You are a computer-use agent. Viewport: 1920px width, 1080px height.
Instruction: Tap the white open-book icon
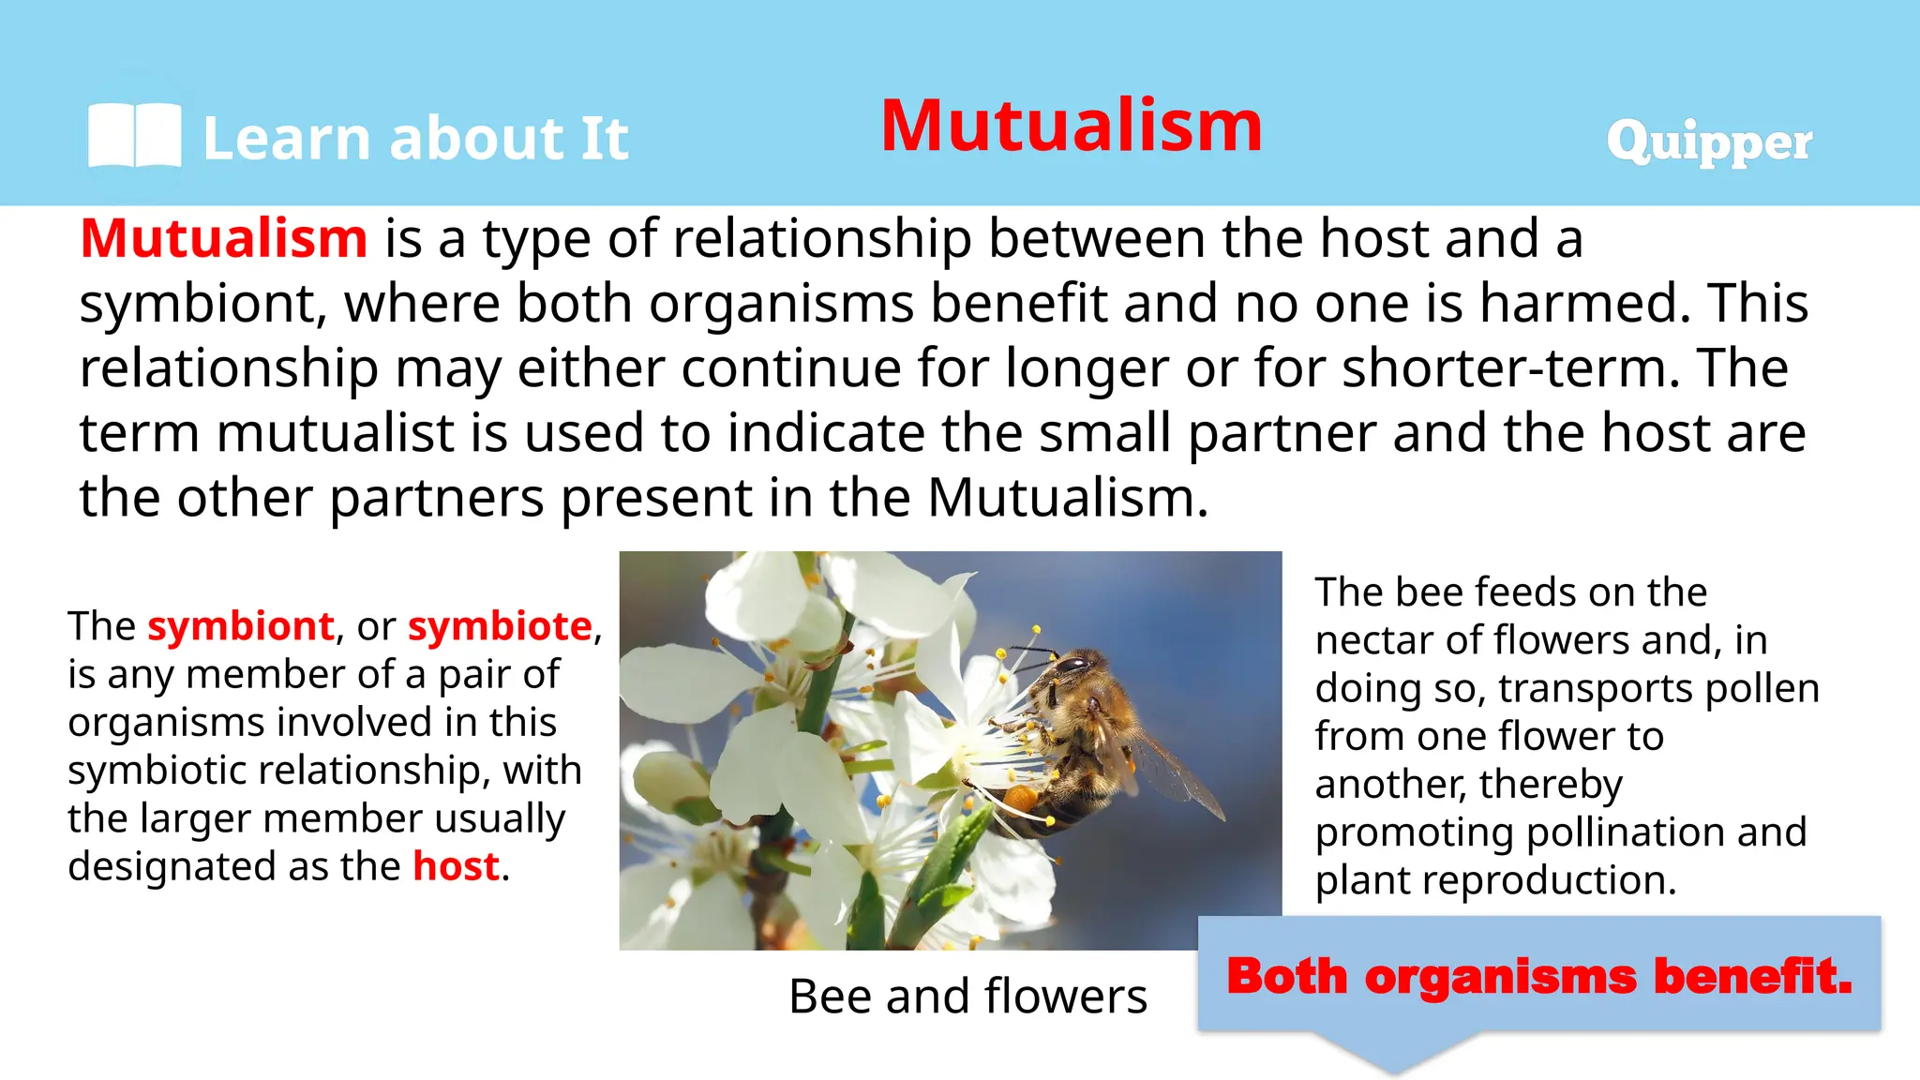(x=134, y=136)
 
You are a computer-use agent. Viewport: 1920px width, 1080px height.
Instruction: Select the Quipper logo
(x=1708, y=142)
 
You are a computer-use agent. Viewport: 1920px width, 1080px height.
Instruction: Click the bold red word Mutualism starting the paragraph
(x=224, y=238)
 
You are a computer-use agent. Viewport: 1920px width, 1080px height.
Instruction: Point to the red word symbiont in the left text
(x=241, y=626)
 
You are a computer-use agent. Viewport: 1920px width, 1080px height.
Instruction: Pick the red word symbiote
(x=500, y=626)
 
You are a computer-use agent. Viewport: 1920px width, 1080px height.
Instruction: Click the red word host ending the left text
(x=456, y=866)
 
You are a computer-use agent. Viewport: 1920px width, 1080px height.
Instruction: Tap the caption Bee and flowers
(x=967, y=996)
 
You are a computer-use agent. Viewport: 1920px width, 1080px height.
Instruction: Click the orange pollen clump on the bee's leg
(x=1022, y=800)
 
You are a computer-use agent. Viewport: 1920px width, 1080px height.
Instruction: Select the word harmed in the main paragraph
(x=1585, y=304)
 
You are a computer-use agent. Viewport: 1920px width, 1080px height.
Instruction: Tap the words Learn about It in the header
(x=415, y=139)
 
